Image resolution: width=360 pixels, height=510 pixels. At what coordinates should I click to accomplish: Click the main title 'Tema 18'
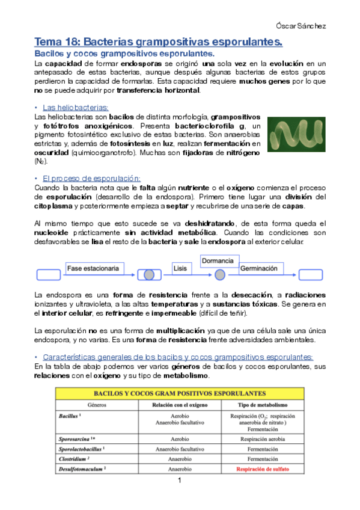158,42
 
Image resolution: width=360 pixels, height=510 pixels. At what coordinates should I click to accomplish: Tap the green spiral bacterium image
296,134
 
